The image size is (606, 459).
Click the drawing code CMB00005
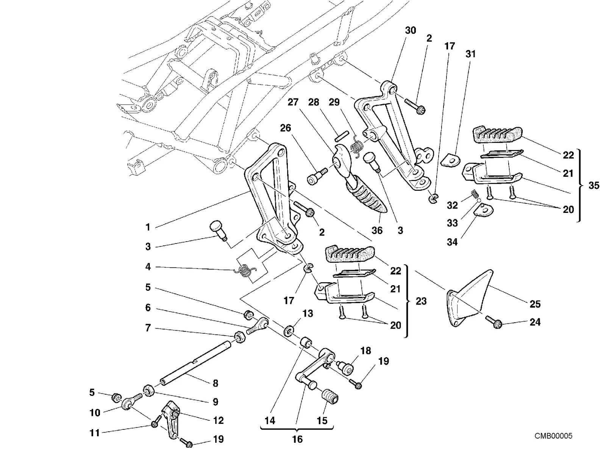(553, 436)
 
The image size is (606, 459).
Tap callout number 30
(410, 30)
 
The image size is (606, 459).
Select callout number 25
(535, 304)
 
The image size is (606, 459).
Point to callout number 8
(216, 383)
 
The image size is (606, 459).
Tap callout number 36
(377, 230)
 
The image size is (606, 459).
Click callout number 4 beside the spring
(148, 267)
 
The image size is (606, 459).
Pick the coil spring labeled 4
(245, 270)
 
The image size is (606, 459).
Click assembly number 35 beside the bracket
(594, 185)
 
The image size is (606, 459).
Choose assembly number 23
(421, 301)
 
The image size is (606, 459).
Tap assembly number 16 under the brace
(297, 439)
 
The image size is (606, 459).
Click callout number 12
(218, 420)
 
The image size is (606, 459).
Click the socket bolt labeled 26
(317, 176)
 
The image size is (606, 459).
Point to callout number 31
(470, 54)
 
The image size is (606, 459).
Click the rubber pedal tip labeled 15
(330, 397)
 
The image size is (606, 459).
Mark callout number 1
(148, 227)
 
